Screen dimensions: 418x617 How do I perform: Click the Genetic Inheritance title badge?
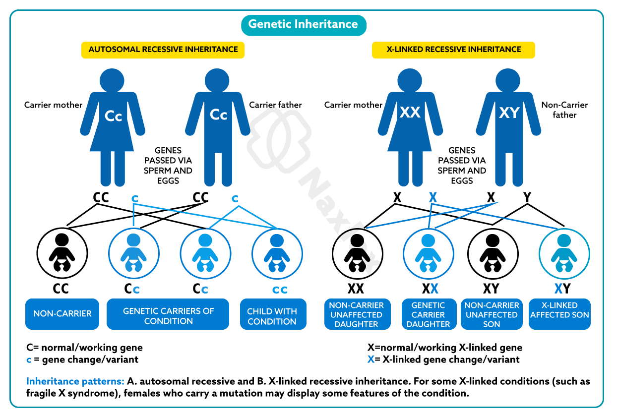[x=303, y=24]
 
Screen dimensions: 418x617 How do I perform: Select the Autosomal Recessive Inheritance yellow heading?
[x=163, y=50]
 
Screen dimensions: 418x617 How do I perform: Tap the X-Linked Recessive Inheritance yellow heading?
[x=453, y=50]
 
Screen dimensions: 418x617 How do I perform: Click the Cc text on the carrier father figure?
[x=218, y=115]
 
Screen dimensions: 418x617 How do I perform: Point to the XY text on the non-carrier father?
[x=509, y=113]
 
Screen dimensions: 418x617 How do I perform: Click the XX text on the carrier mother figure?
[x=410, y=113]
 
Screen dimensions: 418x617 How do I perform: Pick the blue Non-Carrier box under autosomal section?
[x=62, y=314]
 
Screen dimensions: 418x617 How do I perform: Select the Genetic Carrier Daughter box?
[x=428, y=314]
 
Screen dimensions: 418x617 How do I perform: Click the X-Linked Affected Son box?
[x=559, y=314]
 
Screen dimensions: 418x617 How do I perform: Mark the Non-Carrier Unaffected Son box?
[x=492, y=314]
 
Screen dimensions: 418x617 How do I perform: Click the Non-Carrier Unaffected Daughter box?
[x=356, y=314]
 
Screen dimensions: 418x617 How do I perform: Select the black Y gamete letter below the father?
[x=527, y=198]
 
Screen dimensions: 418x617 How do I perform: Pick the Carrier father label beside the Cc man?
[x=275, y=105]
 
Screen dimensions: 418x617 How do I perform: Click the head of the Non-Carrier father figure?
[x=508, y=79]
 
